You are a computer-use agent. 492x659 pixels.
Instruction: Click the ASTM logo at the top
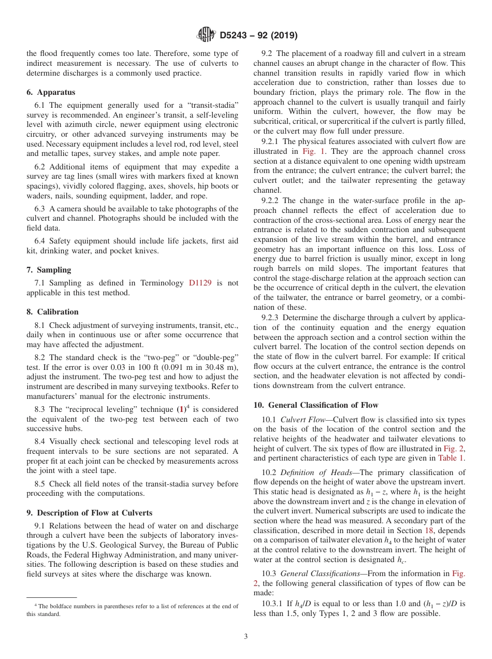(207, 35)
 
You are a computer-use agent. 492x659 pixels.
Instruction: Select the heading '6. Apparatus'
(51, 92)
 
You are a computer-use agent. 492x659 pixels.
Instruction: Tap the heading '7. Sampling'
(49, 270)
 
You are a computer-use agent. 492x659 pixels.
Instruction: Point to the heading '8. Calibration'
(52, 312)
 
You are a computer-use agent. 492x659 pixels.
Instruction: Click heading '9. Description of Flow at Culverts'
(89, 513)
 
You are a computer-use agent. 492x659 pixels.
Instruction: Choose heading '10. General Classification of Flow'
(316, 405)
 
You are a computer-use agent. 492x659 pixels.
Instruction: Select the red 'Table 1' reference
(452, 458)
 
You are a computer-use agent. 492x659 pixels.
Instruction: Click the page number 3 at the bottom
(246, 637)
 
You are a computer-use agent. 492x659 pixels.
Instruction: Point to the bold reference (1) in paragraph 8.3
(182, 409)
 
